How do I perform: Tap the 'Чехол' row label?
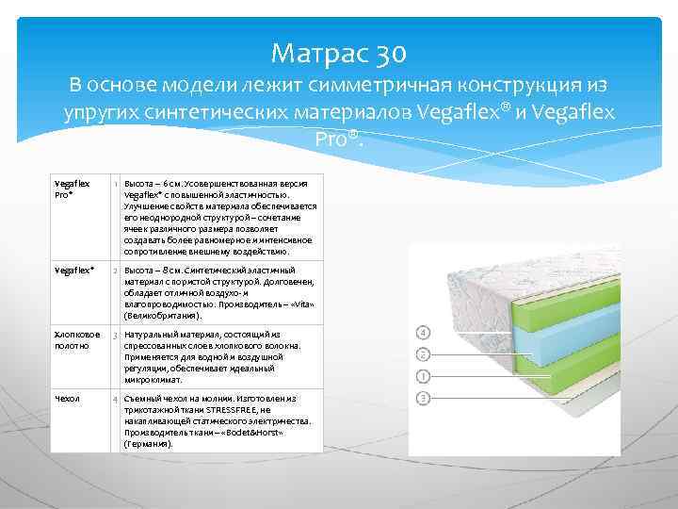pos(68,400)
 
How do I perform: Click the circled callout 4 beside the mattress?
pos(424,333)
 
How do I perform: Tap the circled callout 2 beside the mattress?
pos(424,354)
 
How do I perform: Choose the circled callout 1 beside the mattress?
pos(424,376)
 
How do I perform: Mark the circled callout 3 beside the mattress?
pos(424,399)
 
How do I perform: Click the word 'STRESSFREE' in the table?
pos(240,410)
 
